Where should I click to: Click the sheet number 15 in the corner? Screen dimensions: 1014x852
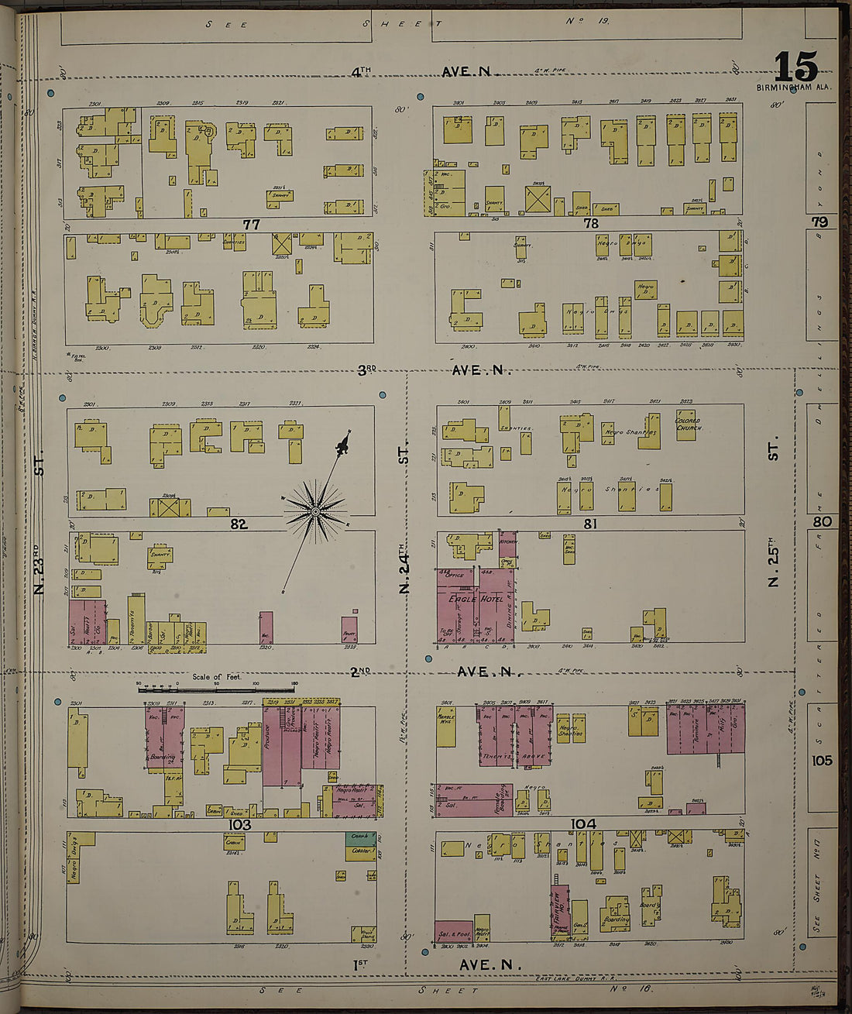[x=795, y=67]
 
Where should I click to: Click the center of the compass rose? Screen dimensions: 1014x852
[x=315, y=511]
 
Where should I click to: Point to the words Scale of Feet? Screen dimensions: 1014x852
[x=216, y=677]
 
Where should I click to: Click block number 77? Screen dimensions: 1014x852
[x=251, y=225]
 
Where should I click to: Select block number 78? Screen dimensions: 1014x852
[x=591, y=223]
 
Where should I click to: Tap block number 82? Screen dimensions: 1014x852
[x=238, y=524]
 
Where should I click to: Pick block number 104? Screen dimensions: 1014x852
[x=582, y=823]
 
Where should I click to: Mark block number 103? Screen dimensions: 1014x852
[x=241, y=825]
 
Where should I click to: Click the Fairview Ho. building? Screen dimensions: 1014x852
[x=560, y=908]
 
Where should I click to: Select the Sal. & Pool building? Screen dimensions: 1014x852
[x=453, y=933]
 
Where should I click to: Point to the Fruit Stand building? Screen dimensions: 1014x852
[x=362, y=934]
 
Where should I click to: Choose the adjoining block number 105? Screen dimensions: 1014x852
[x=822, y=761]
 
